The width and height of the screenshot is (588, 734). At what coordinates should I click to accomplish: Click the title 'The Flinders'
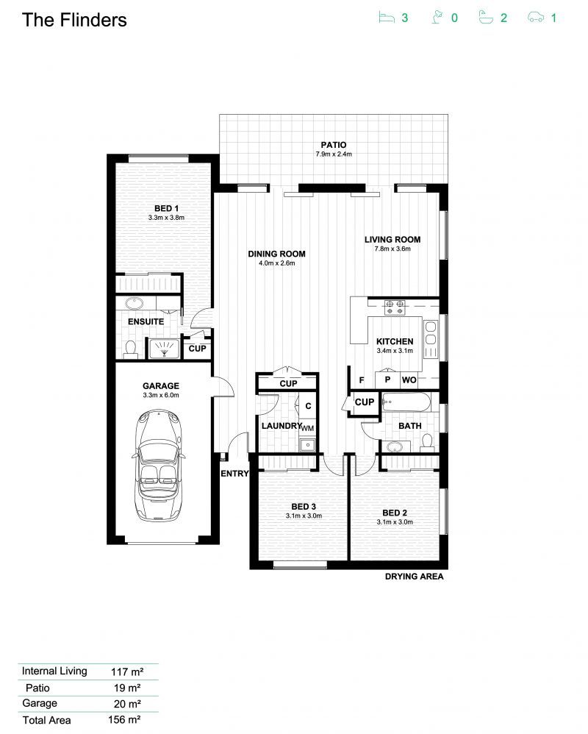(x=74, y=20)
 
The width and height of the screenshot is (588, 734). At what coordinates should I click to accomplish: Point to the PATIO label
(x=333, y=145)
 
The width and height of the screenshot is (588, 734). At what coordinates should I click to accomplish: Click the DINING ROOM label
(x=276, y=254)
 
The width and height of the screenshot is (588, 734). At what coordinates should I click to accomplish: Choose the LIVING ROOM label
(x=392, y=239)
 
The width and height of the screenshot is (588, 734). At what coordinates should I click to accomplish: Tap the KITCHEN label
(x=395, y=341)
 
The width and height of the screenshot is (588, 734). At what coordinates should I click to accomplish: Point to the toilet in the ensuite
(x=131, y=349)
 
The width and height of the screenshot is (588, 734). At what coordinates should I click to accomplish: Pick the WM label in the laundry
(x=307, y=427)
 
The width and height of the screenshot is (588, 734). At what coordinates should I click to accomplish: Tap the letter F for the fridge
(x=361, y=380)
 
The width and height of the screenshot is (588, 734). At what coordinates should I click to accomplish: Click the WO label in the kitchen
(x=409, y=380)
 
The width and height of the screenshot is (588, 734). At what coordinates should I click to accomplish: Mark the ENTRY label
(x=235, y=474)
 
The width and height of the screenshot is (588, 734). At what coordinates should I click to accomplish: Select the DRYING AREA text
(x=414, y=577)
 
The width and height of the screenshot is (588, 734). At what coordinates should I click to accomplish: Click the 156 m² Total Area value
(x=124, y=720)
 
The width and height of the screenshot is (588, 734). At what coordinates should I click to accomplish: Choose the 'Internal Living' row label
(x=54, y=671)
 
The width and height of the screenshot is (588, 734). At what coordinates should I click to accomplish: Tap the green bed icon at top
(x=385, y=17)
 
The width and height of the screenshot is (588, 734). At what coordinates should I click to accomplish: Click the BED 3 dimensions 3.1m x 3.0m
(x=304, y=516)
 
